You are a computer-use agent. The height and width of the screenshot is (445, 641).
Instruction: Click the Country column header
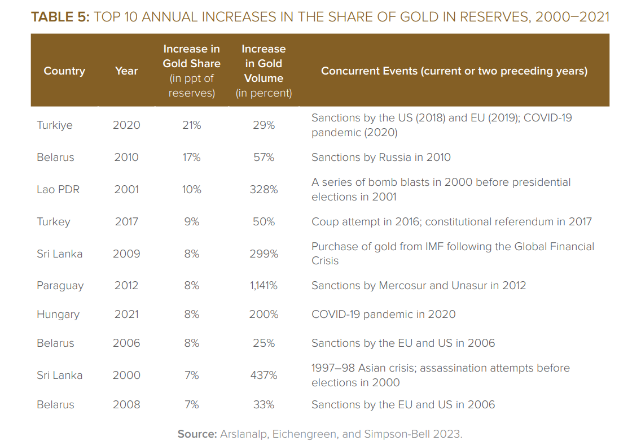pyautogui.click(x=64, y=71)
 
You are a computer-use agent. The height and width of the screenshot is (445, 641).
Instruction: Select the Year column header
pyautogui.click(x=126, y=71)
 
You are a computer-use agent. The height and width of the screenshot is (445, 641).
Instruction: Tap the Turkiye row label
pyautogui.click(x=54, y=125)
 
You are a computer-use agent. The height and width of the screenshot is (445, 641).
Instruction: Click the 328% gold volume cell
pyautogui.click(x=264, y=189)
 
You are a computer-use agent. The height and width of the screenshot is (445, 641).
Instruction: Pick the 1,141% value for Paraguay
pyautogui.click(x=264, y=286)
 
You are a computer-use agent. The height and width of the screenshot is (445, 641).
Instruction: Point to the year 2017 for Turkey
pyautogui.click(x=126, y=222)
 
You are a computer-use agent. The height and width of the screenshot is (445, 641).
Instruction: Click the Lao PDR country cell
pyautogui.click(x=58, y=189)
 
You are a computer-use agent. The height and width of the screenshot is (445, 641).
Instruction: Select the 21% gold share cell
pyautogui.click(x=191, y=125)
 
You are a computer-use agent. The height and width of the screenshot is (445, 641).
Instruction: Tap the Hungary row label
pyautogui.click(x=58, y=315)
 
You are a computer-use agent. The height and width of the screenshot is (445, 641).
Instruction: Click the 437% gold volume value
pyautogui.click(x=264, y=375)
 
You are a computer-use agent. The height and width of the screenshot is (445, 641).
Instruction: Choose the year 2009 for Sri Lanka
pyautogui.click(x=126, y=254)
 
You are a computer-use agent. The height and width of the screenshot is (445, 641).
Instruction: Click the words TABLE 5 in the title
pyautogui.click(x=60, y=17)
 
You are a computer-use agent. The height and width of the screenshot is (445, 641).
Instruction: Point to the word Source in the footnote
pyautogui.click(x=197, y=434)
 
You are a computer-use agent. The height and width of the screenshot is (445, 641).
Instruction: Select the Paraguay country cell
pyautogui.click(x=60, y=286)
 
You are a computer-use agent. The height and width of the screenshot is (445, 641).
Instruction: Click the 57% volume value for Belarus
pyautogui.click(x=264, y=158)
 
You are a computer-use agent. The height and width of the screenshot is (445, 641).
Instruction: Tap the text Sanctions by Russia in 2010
pyautogui.click(x=381, y=158)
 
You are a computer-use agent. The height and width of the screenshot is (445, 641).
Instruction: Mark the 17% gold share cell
pyautogui.click(x=191, y=158)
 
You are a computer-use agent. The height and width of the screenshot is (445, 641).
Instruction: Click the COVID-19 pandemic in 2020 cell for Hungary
pyautogui.click(x=384, y=314)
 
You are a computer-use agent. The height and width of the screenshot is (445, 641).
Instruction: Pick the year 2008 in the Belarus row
pyautogui.click(x=126, y=404)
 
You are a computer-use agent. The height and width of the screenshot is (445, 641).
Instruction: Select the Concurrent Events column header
pyautogui.click(x=454, y=71)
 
